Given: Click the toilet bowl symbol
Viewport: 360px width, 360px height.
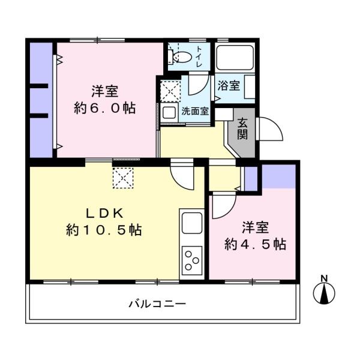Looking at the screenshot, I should click(x=182, y=58).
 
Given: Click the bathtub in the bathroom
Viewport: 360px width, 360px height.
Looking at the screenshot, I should click(x=235, y=59).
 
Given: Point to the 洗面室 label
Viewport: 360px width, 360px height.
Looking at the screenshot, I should click(x=195, y=111).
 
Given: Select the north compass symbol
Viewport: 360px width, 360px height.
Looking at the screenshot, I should click(x=325, y=292).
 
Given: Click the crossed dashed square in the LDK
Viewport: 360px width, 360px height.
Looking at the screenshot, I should click(x=122, y=177).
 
